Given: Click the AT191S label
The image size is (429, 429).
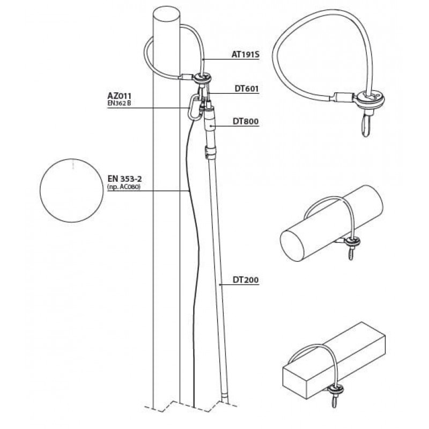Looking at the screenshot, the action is pyautogui.click(x=245, y=55).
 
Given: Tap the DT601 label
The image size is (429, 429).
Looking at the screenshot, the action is pyautogui.click(x=247, y=88).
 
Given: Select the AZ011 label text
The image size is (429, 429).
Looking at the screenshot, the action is pyautogui.click(x=119, y=96).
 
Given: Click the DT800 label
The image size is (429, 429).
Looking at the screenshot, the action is pyautogui.click(x=246, y=122).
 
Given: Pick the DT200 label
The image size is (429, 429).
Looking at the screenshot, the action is pyautogui.click(x=246, y=280).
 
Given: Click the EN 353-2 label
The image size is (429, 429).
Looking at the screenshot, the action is pyautogui.click(x=125, y=179).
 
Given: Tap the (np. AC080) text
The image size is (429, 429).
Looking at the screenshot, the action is pyautogui.click(x=124, y=187).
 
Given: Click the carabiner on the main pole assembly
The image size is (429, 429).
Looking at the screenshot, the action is pyautogui.click(x=194, y=107).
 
